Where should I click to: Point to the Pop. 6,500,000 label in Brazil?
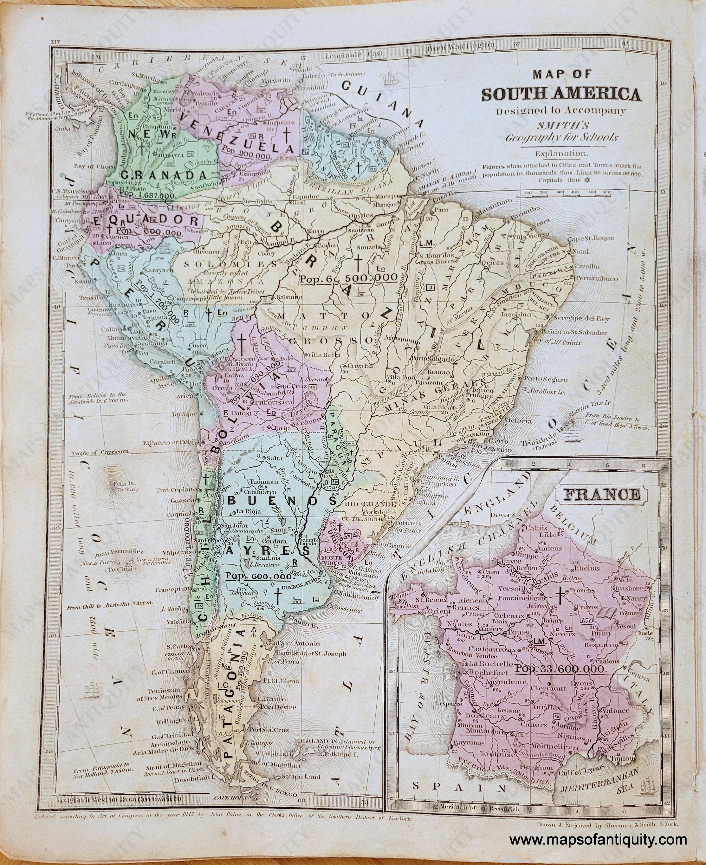pos(348,277)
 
